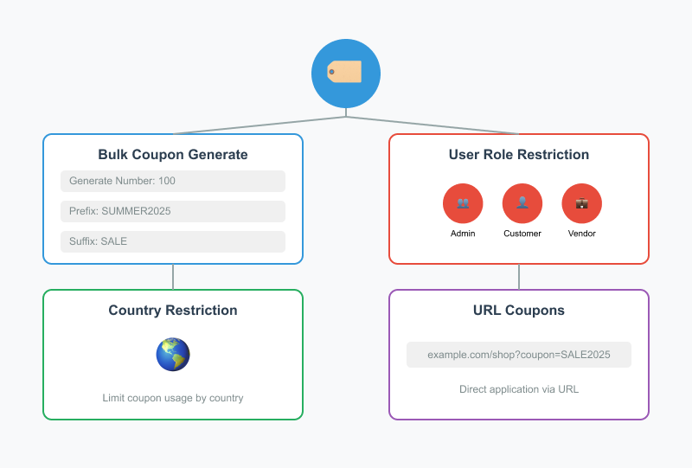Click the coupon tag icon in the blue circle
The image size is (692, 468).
(345, 73)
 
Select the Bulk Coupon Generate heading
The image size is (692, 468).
(173, 155)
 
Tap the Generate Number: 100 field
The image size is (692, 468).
(173, 181)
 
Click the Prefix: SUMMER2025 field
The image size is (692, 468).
(173, 211)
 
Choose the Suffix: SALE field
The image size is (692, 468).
(173, 241)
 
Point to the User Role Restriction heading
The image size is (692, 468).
(519, 155)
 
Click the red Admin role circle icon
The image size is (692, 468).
(463, 203)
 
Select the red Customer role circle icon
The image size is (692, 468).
(522, 203)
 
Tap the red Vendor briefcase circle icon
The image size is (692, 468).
(582, 203)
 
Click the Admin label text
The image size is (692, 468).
(463, 234)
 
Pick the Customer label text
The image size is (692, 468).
(522, 234)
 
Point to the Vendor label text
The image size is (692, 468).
(582, 234)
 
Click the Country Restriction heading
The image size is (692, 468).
(173, 311)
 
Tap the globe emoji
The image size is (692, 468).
(173, 354)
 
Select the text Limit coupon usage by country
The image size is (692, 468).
(173, 398)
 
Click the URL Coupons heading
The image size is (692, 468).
(519, 311)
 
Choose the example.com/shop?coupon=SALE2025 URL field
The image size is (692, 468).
(519, 355)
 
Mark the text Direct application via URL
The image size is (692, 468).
(519, 389)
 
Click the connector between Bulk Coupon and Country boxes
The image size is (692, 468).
(173, 277)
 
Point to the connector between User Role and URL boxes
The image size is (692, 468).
(519, 277)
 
